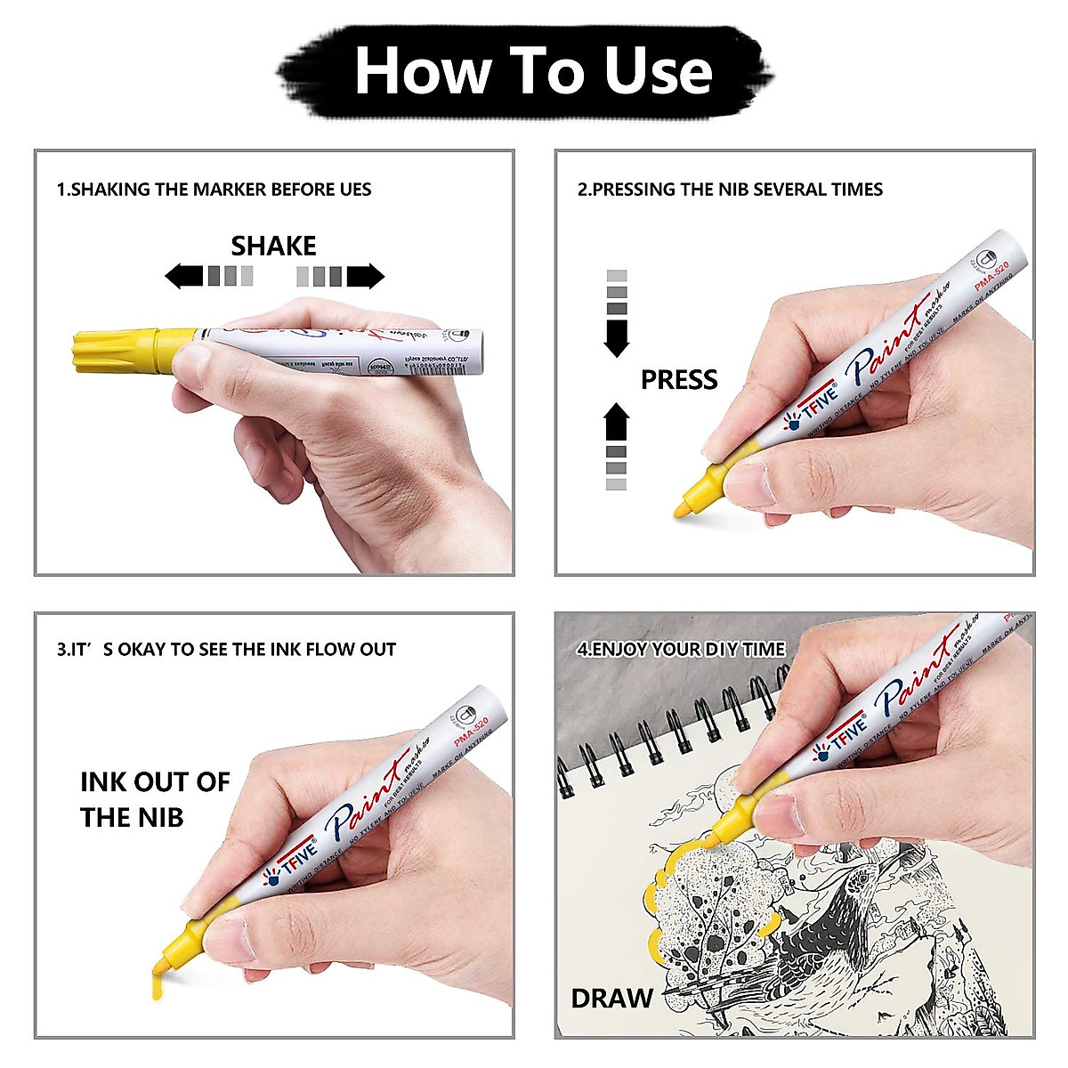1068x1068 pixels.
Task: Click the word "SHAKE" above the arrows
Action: coord(273,246)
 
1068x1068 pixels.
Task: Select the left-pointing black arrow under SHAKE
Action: coord(185,276)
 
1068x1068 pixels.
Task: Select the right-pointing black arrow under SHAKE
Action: coord(365,276)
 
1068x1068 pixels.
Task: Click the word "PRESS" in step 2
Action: coord(678,380)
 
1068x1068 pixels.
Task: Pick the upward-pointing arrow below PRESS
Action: coord(616,422)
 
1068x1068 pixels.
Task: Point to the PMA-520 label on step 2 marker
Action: coord(991,276)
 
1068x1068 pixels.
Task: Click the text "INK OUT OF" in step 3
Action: coord(155,782)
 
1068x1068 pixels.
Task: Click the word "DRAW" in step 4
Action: coord(611,999)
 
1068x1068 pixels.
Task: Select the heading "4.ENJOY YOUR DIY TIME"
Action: coord(681,650)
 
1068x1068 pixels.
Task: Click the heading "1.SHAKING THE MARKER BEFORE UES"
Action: coord(214,190)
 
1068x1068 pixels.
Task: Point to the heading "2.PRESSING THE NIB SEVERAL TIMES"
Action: coord(730,190)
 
